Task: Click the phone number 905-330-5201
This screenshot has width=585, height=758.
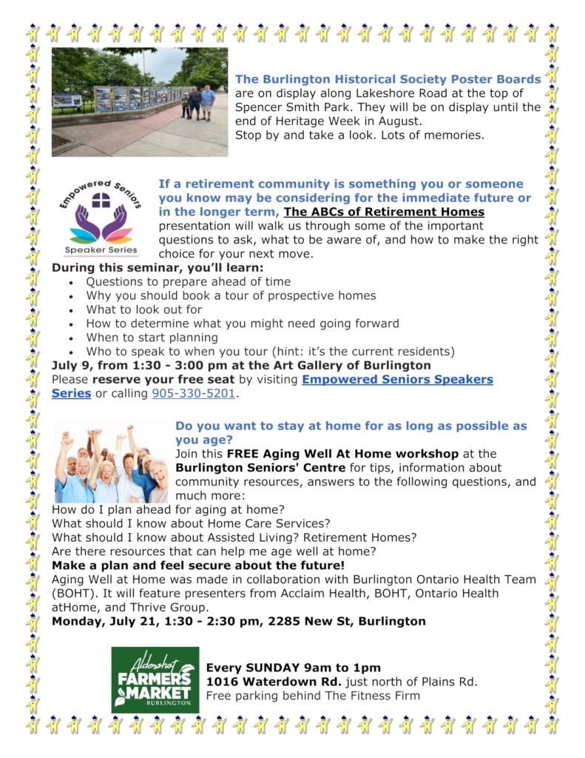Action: [194, 394]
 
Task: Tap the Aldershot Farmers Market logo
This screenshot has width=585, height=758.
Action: [155, 680]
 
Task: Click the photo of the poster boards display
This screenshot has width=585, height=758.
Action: [139, 102]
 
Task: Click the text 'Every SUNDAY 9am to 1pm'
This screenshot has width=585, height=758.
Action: [294, 667]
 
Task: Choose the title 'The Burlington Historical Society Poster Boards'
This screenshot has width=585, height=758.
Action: [388, 79]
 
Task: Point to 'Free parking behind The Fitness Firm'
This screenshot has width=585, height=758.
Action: [313, 695]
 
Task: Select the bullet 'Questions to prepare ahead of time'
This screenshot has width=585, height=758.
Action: [188, 281]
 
